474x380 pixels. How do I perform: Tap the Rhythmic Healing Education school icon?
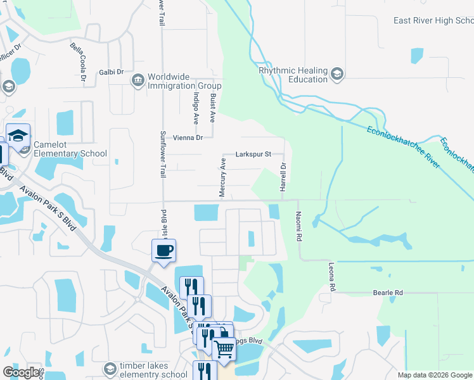click(x=337, y=75)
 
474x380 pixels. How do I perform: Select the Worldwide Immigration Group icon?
click(x=138, y=80)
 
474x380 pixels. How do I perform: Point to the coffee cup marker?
click(x=163, y=250)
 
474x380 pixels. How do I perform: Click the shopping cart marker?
click(x=223, y=348)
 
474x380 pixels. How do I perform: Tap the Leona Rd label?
click(x=331, y=277)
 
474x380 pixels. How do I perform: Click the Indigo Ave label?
click(x=195, y=106)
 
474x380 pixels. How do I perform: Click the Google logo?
click(x=21, y=372)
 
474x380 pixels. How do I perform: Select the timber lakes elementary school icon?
click(x=110, y=369)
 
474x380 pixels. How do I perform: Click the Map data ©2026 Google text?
click(x=434, y=375)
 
